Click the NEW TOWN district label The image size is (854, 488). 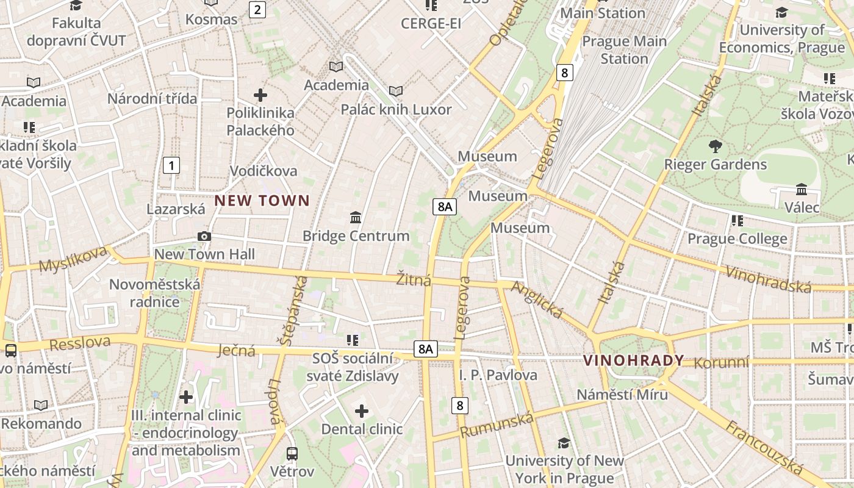tap(262, 200)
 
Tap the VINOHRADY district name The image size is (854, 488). tap(633, 360)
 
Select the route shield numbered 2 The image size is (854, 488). tap(257, 9)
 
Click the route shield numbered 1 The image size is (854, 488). tap(171, 165)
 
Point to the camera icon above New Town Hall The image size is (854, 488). tap(204, 236)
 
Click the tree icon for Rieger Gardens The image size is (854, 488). tap(715, 146)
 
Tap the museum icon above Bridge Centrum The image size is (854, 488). tap(356, 217)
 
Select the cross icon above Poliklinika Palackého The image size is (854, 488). tap(260, 95)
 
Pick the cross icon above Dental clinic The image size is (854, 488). tap(362, 411)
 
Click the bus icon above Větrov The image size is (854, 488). tap(292, 453)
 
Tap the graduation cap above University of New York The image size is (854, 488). tap(564, 443)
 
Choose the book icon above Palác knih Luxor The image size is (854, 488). tap(396, 91)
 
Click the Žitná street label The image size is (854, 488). tap(414, 280)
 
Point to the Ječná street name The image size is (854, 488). tap(236, 350)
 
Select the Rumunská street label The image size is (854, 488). tap(497, 425)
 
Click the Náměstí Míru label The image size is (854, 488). tap(622, 394)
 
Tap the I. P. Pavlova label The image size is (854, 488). tap(498, 375)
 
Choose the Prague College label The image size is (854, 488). tap(737, 239)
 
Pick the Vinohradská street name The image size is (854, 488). tap(767, 278)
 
